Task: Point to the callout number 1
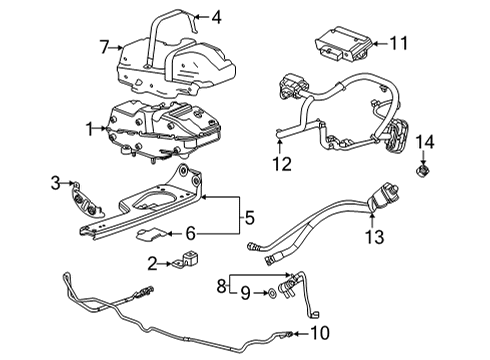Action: click(x=90, y=127)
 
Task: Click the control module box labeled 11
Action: click(x=342, y=46)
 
